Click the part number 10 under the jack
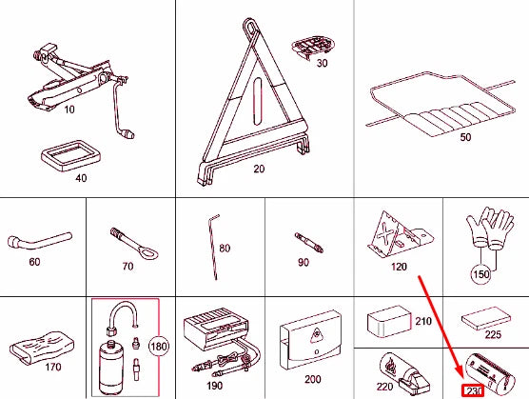tap(69, 110)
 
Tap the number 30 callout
tap(322, 63)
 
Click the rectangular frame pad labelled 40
tap(71, 156)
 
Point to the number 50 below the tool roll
tap(465, 137)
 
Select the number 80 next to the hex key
tap(225, 249)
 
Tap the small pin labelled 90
tap(309, 243)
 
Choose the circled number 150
tap(481, 274)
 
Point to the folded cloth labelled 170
tap(43, 348)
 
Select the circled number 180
tap(159, 347)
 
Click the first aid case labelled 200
tap(310, 340)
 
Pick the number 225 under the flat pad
tap(493, 334)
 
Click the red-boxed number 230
tap(473, 391)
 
